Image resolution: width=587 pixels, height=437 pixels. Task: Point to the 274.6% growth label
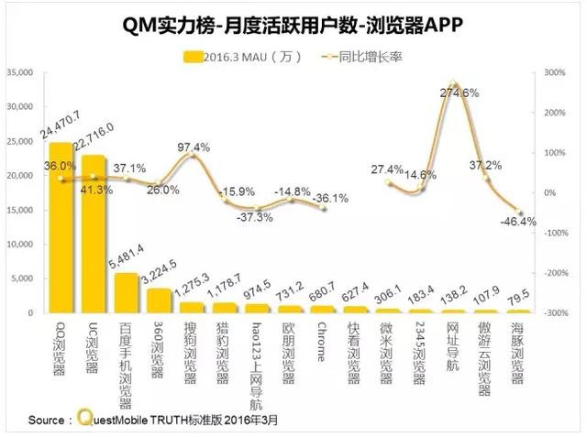click(x=459, y=93)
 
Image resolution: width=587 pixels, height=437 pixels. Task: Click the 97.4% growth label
click(x=194, y=147)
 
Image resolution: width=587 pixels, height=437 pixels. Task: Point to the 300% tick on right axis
click(x=555, y=71)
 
